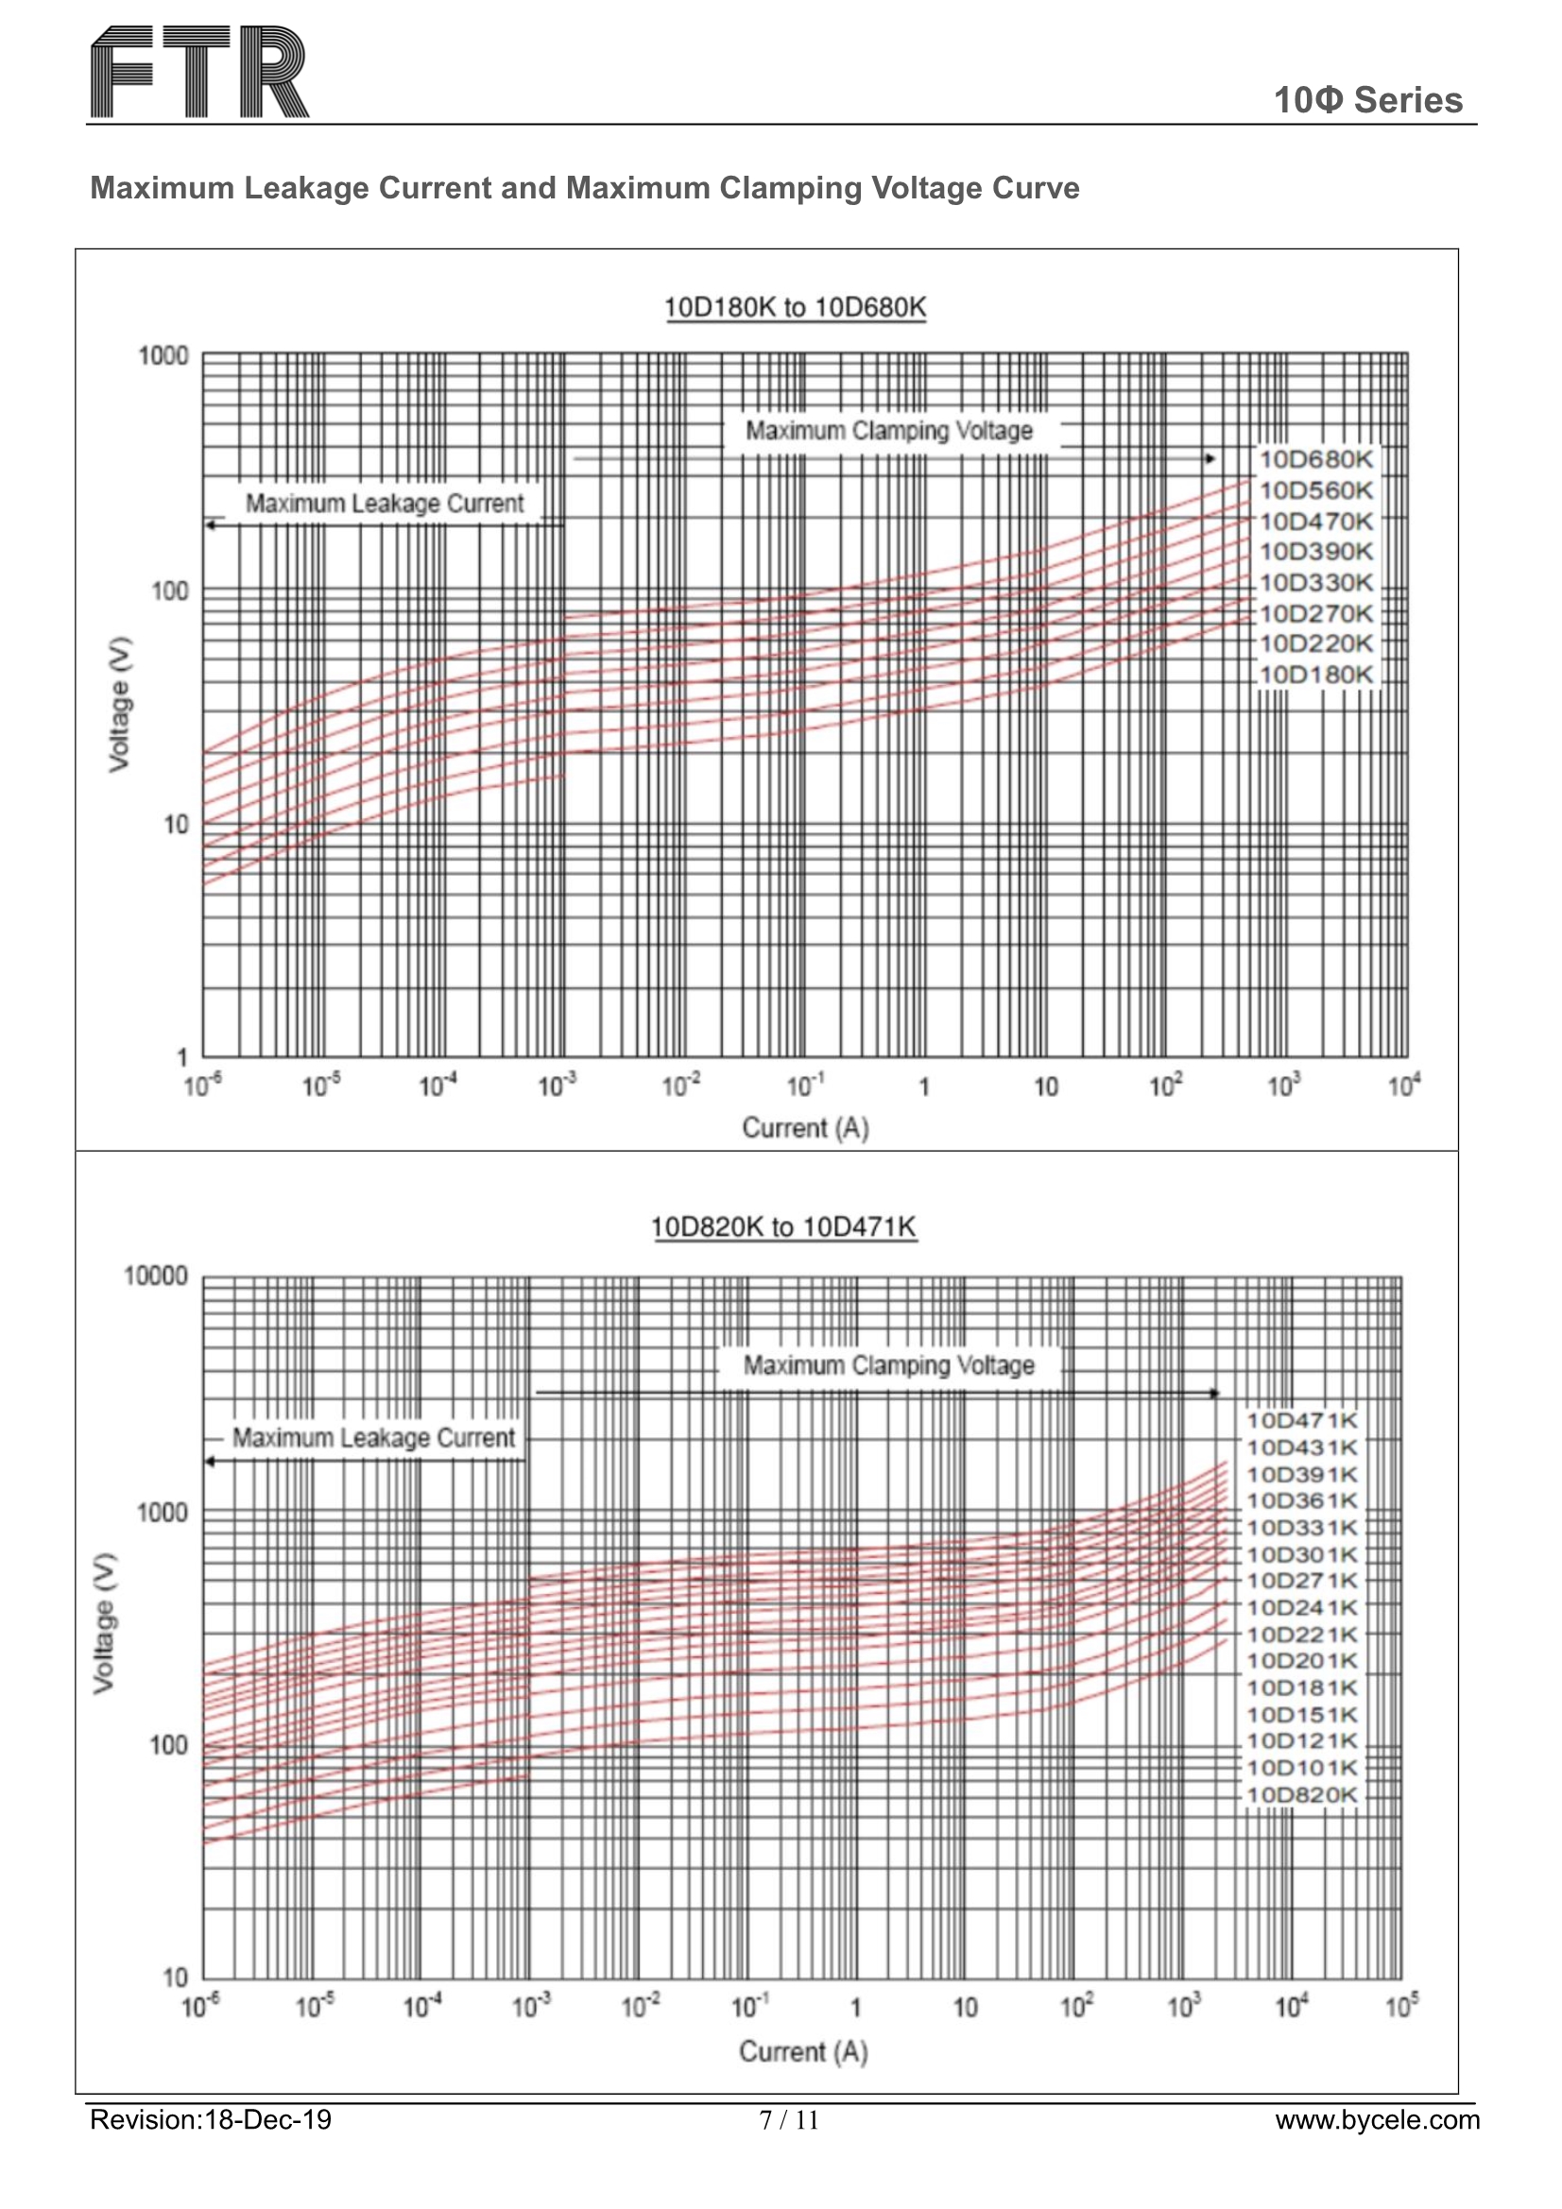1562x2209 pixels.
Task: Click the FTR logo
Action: pyautogui.click(x=199, y=72)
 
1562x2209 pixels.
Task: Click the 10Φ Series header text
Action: pyautogui.click(x=1366, y=100)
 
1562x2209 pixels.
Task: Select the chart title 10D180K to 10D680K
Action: pyautogui.click(x=795, y=307)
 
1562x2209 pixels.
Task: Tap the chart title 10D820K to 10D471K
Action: pyautogui.click(x=783, y=1226)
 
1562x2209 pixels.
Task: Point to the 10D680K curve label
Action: pyautogui.click(x=1315, y=460)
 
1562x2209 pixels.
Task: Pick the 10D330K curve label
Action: pyautogui.click(x=1315, y=582)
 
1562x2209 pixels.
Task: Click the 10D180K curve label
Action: pyautogui.click(x=1315, y=675)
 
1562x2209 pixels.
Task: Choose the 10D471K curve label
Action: pyautogui.click(x=1301, y=1421)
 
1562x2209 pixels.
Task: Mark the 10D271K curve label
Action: pyautogui.click(x=1301, y=1581)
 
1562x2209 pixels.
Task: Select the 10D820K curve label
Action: pyautogui.click(x=1301, y=1795)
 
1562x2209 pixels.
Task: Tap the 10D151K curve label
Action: pyautogui.click(x=1301, y=1715)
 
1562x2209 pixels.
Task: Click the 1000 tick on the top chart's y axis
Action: pyautogui.click(x=163, y=356)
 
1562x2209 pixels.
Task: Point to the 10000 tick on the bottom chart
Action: pyautogui.click(x=156, y=1276)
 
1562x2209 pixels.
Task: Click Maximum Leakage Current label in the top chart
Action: pyautogui.click(x=384, y=504)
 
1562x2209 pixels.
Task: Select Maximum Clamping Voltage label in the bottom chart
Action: pyautogui.click(x=888, y=1365)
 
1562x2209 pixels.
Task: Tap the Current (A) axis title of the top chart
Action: pyautogui.click(x=804, y=1127)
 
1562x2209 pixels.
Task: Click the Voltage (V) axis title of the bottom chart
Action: pyautogui.click(x=103, y=1622)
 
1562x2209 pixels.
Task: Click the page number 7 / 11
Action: pyautogui.click(x=788, y=2120)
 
